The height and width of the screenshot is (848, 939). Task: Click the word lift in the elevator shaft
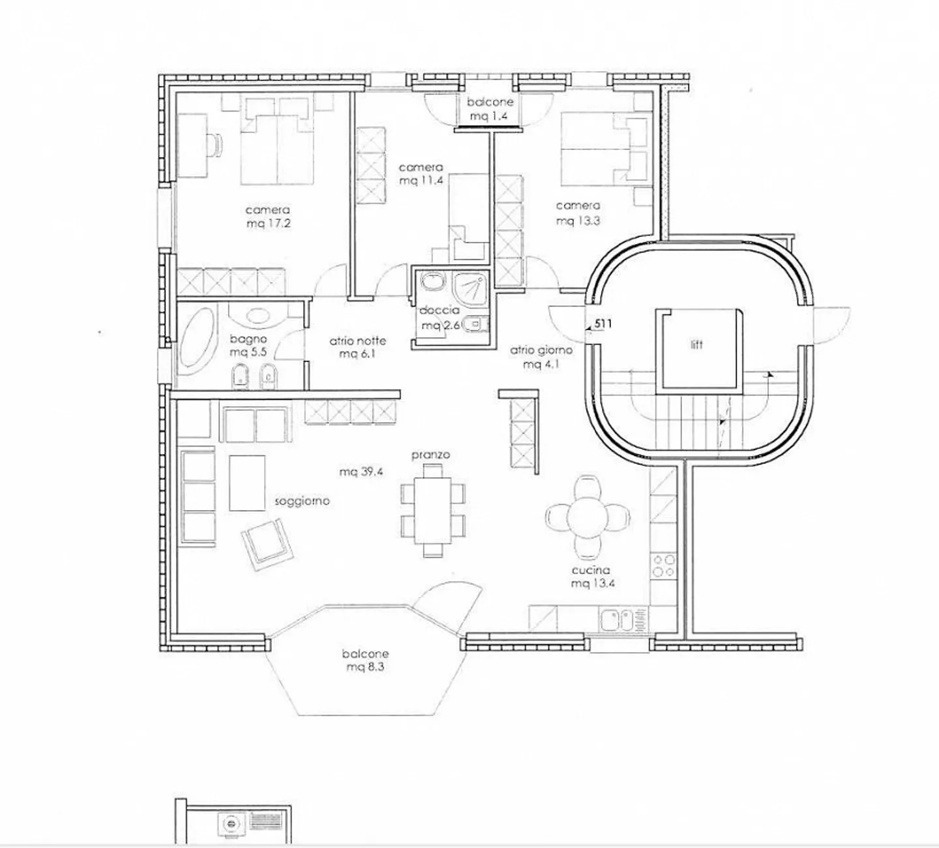(696, 344)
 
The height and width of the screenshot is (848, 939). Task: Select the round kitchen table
(588, 517)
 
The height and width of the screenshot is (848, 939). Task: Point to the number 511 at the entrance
(603, 324)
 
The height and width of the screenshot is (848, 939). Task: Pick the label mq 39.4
(361, 472)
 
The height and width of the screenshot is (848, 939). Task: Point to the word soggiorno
(302, 502)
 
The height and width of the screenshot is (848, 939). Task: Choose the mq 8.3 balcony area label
(365, 666)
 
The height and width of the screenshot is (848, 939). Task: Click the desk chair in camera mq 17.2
(216, 144)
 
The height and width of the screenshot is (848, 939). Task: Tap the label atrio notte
(357, 341)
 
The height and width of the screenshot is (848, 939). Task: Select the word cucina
(591, 570)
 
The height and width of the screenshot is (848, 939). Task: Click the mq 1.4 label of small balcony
(489, 115)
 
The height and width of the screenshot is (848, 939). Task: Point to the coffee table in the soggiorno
(246, 483)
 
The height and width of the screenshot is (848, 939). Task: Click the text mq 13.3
(578, 220)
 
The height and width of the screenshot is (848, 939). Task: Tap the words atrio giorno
(541, 350)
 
